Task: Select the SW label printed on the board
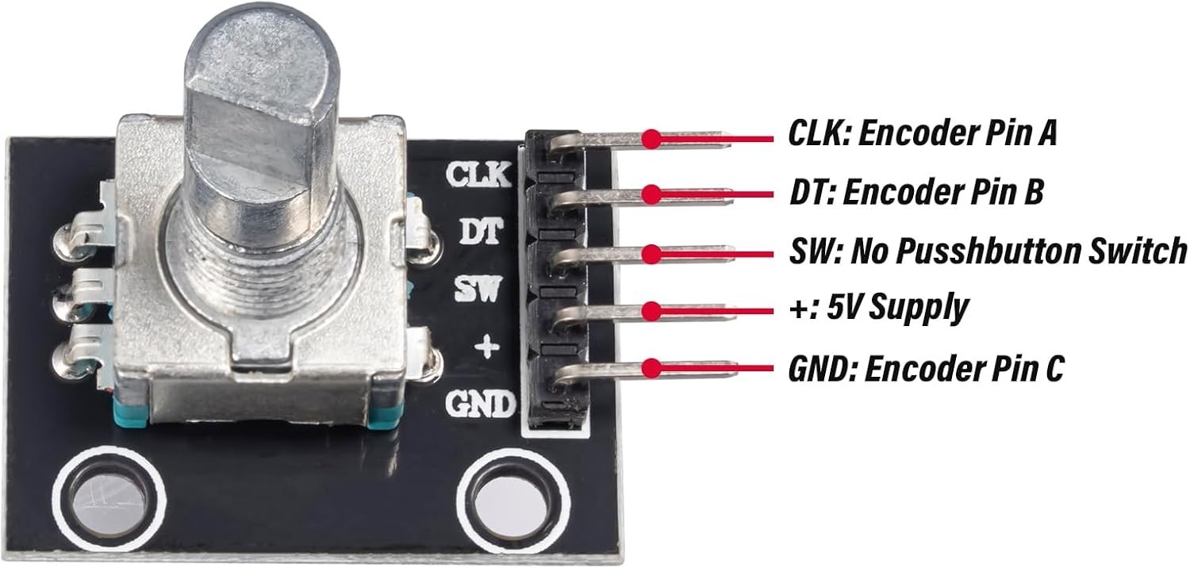coord(478,290)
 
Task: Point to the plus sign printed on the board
coord(486,347)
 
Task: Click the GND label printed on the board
coord(481,404)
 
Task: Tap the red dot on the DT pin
coord(651,194)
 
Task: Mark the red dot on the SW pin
coord(651,253)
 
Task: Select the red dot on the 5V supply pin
coord(651,311)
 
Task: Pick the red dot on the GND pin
coord(651,368)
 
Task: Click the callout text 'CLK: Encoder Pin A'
coord(922,132)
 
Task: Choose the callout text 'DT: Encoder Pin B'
coord(916,191)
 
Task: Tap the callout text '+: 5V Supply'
coord(879,308)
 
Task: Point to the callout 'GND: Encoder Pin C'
coord(927,368)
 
